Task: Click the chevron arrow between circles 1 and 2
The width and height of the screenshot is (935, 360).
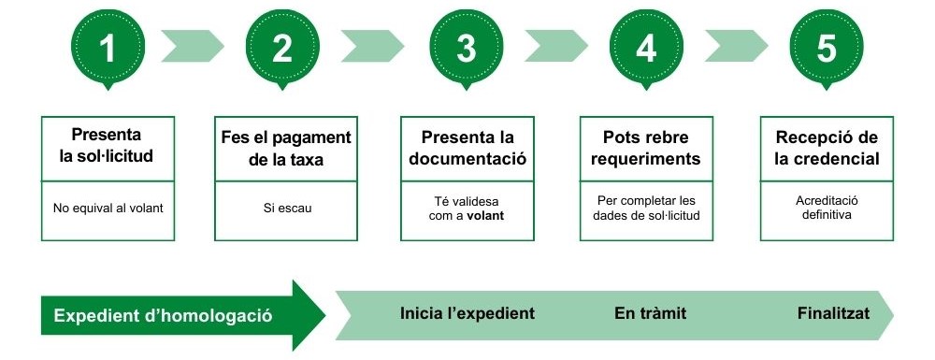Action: (194, 44)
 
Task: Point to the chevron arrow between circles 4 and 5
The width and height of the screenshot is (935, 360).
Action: (736, 44)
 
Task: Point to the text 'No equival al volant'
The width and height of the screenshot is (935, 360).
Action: (108, 208)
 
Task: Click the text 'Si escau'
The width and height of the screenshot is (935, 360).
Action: (286, 208)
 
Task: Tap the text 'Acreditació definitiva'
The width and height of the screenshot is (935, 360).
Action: (827, 208)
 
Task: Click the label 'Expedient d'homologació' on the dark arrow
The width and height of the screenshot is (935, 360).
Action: (164, 315)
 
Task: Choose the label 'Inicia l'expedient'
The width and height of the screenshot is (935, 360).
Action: (467, 313)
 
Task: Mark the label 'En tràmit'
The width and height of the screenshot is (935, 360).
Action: (650, 313)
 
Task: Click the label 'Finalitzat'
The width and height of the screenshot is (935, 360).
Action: (833, 313)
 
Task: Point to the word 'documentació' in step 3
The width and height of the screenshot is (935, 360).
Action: (467, 159)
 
